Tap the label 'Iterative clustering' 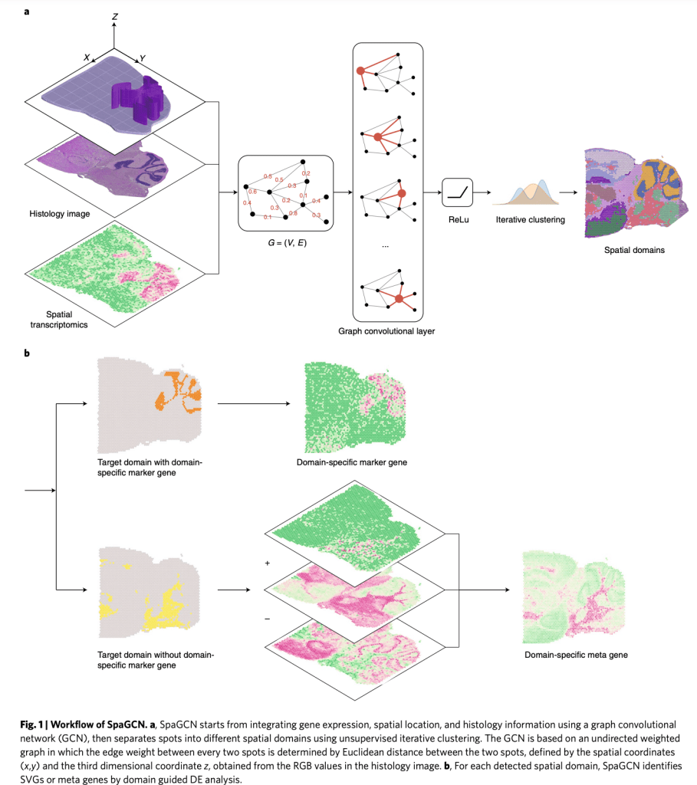click(x=530, y=221)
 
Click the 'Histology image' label click(x=60, y=214)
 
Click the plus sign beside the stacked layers click(x=268, y=563)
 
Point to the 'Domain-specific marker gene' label click(x=351, y=462)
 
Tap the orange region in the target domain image click(x=176, y=391)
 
